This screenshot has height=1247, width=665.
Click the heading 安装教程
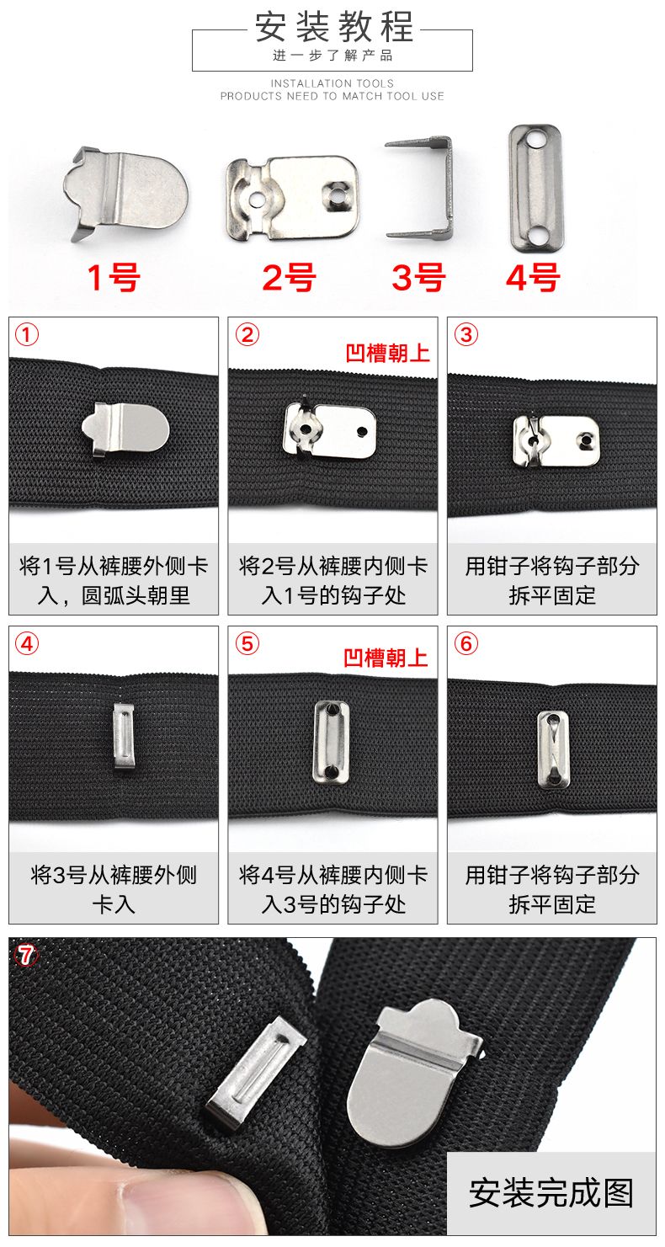332,28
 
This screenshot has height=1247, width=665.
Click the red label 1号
114,277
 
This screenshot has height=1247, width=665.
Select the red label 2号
289,277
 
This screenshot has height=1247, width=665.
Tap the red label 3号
418,277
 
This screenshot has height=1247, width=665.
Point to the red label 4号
533,277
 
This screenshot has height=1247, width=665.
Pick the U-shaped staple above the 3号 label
420,186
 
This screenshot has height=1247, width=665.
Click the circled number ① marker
28,335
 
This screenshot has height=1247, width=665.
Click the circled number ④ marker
28,644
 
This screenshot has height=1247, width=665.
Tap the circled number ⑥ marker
465,644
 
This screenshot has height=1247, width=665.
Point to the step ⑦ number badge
28,955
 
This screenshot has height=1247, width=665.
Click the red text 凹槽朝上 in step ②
388,352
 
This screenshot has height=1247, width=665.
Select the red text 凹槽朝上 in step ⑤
386,658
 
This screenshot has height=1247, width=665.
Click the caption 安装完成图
551,1192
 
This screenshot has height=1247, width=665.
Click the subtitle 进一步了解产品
332,56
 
